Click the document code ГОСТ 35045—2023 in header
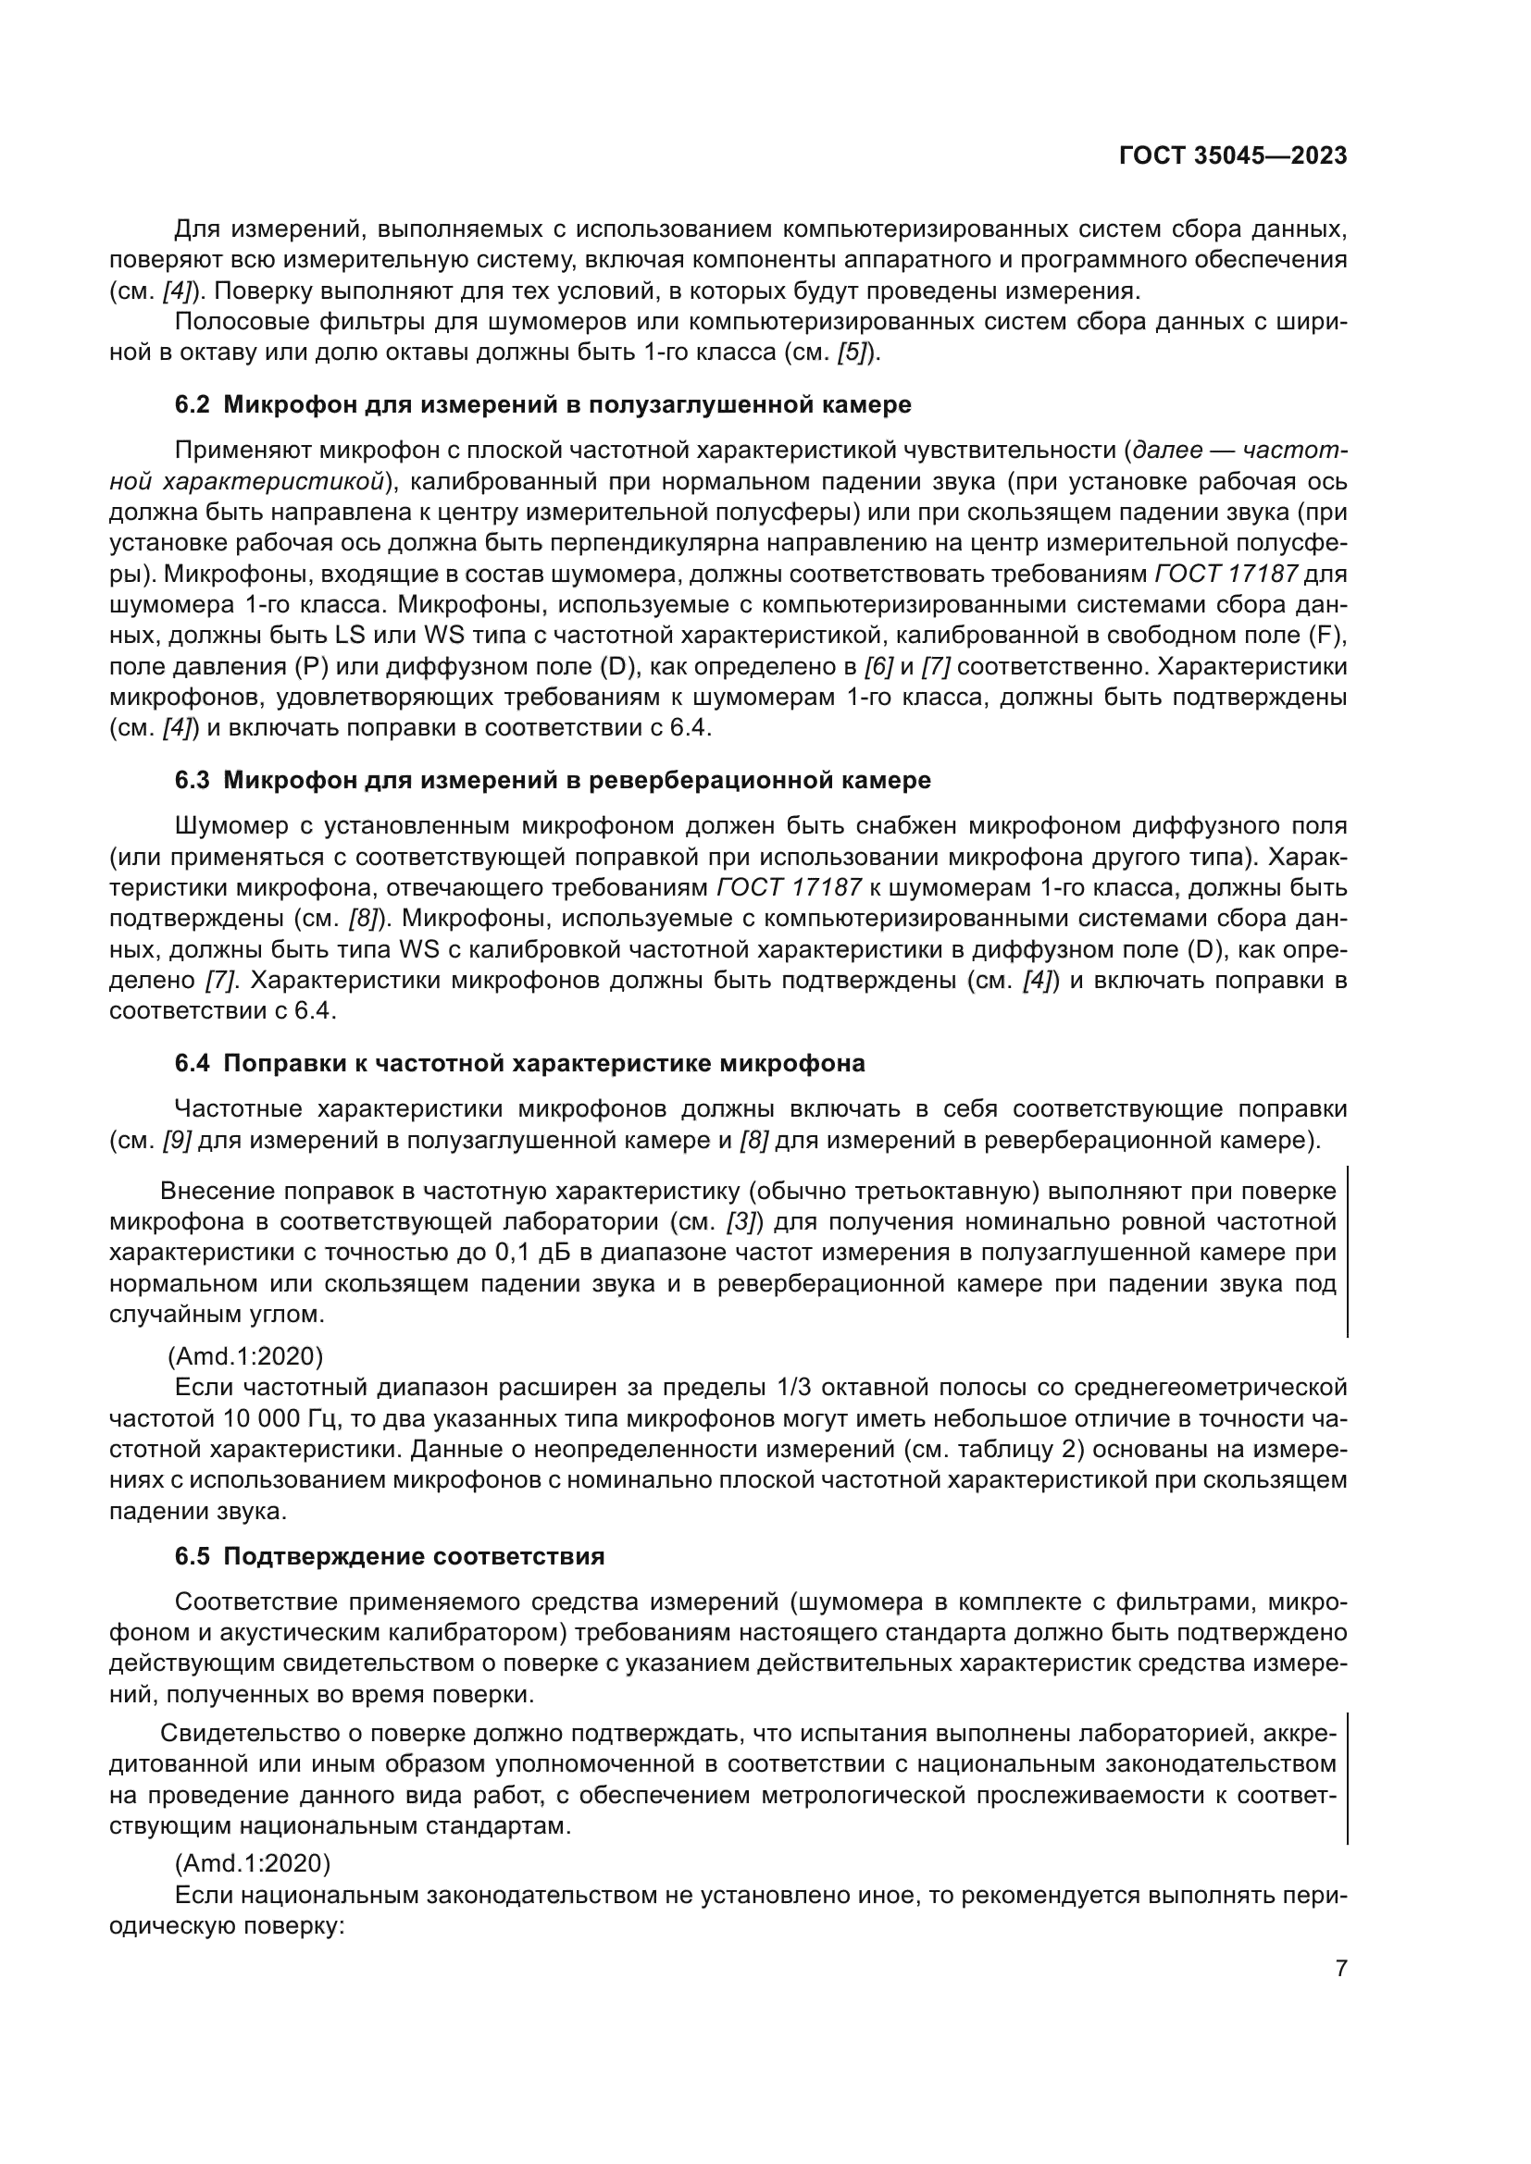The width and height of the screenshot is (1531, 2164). (1232, 156)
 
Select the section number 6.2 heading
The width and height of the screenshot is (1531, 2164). (193, 405)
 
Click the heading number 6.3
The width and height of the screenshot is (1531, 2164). (193, 781)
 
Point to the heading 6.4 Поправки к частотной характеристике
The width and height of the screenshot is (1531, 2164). (519, 1064)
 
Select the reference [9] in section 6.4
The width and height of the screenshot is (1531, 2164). (177, 1141)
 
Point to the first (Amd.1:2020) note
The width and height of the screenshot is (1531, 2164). (245, 1356)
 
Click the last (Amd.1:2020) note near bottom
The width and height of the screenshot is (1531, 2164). (253, 1863)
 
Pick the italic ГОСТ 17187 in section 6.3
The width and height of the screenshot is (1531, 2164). (790, 888)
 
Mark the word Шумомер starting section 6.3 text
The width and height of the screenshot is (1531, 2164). (232, 826)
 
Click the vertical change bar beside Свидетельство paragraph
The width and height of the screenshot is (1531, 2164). (1346, 1778)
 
